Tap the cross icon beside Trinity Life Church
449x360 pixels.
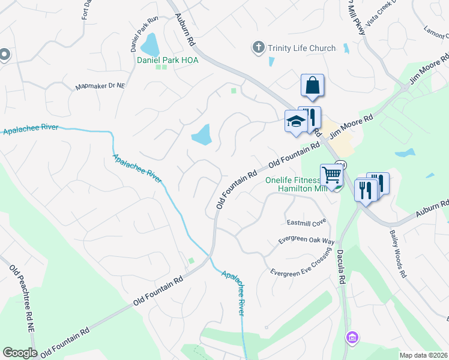click(x=259, y=47)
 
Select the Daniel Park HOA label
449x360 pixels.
click(x=167, y=60)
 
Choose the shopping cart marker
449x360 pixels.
click(x=331, y=175)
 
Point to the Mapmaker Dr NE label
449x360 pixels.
click(x=100, y=86)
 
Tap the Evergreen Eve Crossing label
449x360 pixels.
click(x=300, y=263)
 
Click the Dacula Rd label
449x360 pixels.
click(x=342, y=267)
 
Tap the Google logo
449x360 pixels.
click(x=20, y=353)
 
